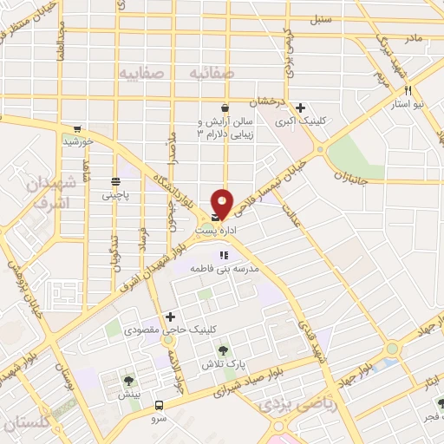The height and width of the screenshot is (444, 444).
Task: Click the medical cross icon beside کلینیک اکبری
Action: pos(300,108)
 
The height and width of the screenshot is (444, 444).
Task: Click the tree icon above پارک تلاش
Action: pos(225,350)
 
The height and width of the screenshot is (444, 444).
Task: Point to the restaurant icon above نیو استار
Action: pos(407,90)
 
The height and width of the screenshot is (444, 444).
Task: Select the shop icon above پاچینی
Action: pos(115,181)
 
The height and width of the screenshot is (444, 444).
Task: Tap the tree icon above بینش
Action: pos(128,380)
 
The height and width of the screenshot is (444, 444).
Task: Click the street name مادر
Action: pos(411,39)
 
